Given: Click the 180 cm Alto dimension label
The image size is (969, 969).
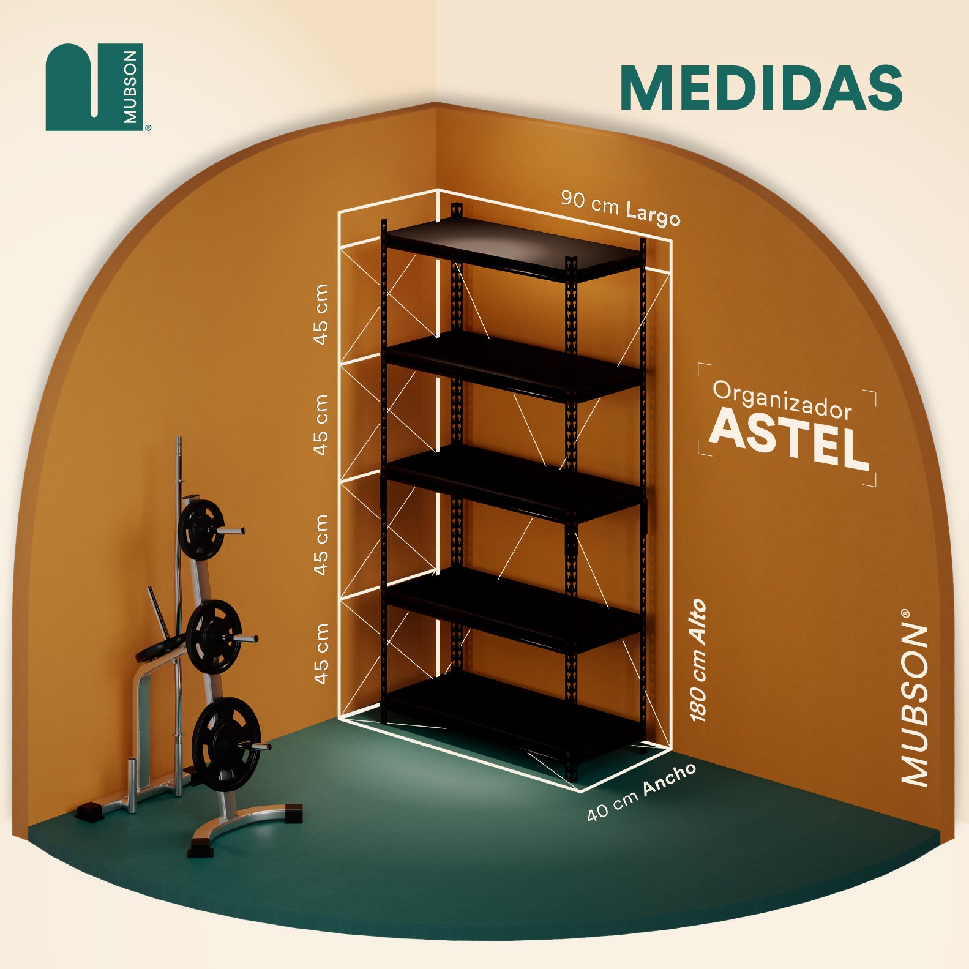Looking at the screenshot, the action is [x=698, y=660].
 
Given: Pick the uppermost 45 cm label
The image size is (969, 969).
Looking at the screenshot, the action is [x=320, y=314].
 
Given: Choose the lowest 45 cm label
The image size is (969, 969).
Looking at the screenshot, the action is [x=320, y=653].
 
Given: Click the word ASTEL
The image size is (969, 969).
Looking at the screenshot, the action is [x=790, y=439].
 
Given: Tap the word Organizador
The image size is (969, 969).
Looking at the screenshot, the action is [x=782, y=400].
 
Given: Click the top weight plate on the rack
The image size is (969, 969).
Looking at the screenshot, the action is [x=201, y=529].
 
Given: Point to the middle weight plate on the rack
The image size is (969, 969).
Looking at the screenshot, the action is [x=213, y=637].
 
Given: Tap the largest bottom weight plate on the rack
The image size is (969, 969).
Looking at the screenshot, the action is [x=226, y=744].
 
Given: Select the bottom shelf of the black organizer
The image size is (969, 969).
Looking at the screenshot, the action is [x=514, y=716].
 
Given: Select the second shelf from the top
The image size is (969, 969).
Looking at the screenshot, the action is [x=514, y=366].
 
